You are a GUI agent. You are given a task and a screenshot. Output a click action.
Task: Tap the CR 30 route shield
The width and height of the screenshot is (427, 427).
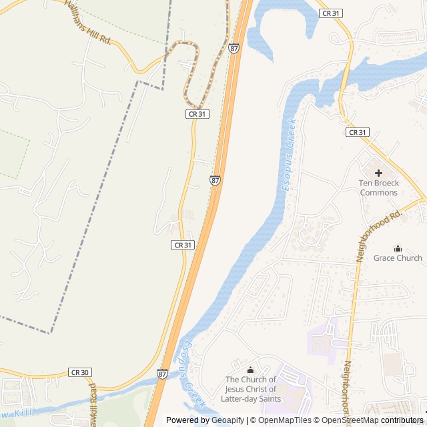78,372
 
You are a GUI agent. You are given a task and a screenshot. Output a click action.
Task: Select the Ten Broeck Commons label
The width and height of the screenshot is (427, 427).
378,187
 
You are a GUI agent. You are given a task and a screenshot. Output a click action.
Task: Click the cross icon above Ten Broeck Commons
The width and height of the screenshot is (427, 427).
378,172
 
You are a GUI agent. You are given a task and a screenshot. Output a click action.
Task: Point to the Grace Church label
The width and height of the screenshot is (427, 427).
398,258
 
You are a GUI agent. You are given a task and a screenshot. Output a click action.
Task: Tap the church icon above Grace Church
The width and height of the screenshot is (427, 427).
398,248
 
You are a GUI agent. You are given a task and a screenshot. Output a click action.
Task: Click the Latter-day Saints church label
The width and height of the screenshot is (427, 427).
251,389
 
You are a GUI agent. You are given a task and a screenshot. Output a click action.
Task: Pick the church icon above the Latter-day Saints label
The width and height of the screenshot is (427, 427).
251,370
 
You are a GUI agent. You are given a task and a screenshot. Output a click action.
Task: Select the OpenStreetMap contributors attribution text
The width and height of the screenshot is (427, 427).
374,420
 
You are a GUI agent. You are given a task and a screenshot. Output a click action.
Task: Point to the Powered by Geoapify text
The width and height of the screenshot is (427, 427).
205,420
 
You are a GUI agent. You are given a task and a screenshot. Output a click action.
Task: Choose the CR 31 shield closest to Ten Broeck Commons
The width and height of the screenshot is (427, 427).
357,132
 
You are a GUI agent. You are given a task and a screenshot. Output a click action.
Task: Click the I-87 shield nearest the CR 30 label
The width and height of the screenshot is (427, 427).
163,374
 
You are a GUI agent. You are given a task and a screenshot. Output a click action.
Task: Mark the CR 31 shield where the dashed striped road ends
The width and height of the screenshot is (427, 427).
197,114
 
